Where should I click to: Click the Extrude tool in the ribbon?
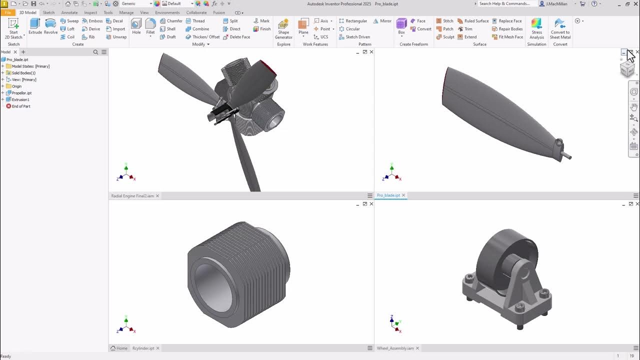(35, 26)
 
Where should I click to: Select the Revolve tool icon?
(50, 26)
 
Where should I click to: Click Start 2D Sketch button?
(13, 28)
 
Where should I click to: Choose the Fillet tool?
(150, 26)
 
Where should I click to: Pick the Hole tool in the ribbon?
(136, 26)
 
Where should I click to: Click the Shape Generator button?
(283, 29)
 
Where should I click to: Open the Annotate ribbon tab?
(69, 12)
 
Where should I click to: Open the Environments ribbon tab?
(167, 12)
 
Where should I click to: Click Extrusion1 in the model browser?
(20, 99)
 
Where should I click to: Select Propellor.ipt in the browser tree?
(21, 93)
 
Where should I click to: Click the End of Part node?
(21, 106)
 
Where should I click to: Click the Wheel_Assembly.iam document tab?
(395, 348)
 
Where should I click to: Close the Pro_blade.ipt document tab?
(403, 195)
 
